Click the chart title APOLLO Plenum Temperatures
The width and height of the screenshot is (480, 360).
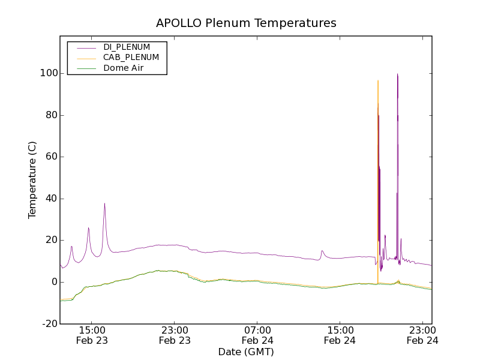[x=246, y=23]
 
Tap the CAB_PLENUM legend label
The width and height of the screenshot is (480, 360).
[x=131, y=58]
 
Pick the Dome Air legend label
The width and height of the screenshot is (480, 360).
[x=124, y=68]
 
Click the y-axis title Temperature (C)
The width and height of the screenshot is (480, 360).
[x=32, y=180]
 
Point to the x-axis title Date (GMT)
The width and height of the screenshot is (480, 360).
[x=246, y=352]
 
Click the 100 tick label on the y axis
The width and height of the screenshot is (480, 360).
[x=49, y=73]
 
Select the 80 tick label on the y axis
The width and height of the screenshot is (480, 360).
[x=51, y=115]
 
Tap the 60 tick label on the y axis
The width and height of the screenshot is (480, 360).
[x=51, y=157]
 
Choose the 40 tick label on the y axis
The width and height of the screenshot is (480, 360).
[x=51, y=199]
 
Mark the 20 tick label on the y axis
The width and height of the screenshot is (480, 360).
[x=51, y=240]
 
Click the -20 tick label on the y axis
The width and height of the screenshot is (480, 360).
[x=50, y=324]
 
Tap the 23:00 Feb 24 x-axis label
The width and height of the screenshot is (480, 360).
[x=422, y=335]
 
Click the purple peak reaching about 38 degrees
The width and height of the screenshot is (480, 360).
[x=104, y=203]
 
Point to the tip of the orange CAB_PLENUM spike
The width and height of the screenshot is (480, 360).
[x=377, y=80]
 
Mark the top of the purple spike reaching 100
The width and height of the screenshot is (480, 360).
[x=397, y=74]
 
